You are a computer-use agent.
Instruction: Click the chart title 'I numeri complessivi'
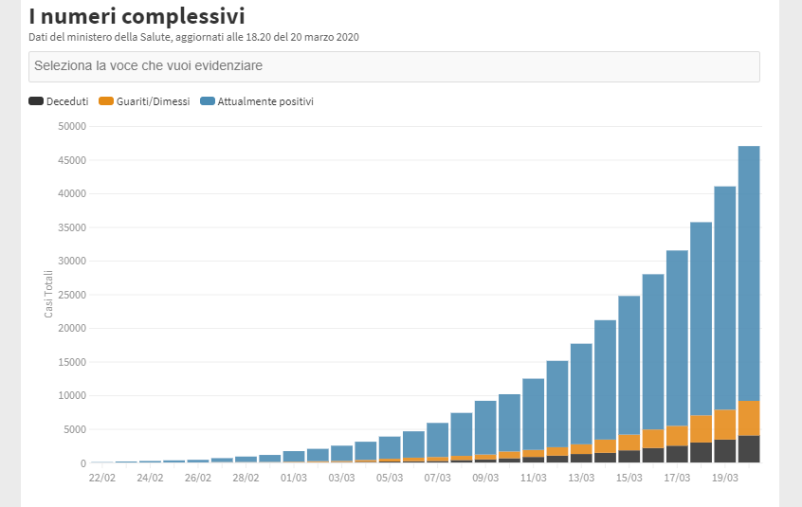[x=137, y=16]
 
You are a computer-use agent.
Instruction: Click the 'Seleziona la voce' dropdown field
[x=393, y=66]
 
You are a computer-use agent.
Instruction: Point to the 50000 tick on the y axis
[x=71, y=126]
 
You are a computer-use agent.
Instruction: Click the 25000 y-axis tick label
[x=71, y=295]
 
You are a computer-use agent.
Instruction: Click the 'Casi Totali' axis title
[x=49, y=294]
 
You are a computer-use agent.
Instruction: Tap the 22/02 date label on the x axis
[x=102, y=478]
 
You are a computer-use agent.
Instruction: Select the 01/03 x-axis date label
[x=294, y=478]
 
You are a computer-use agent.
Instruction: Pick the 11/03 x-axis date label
[x=534, y=478]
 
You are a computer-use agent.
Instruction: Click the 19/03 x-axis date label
[x=725, y=478]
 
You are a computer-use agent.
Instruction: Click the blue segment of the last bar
[x=749, y=275]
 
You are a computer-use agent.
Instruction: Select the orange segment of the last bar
[x=749, y=418]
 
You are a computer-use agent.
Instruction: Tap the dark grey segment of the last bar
[x=749, y=449]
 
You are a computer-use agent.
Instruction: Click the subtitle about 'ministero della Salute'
[x=193, y=37]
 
